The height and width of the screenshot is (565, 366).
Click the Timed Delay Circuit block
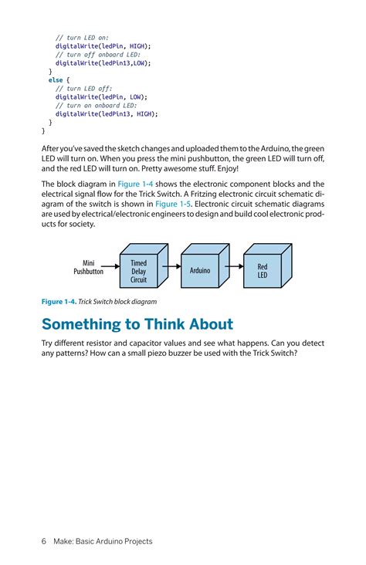138,272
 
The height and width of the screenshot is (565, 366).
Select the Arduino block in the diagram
201,272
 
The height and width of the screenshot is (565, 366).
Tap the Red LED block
263,272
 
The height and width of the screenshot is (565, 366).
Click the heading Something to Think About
137,323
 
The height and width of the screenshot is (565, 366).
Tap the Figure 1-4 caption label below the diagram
57,302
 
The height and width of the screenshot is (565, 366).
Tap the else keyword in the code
56,80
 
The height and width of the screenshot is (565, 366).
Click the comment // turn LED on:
82,37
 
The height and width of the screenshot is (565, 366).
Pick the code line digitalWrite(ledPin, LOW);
100,96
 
